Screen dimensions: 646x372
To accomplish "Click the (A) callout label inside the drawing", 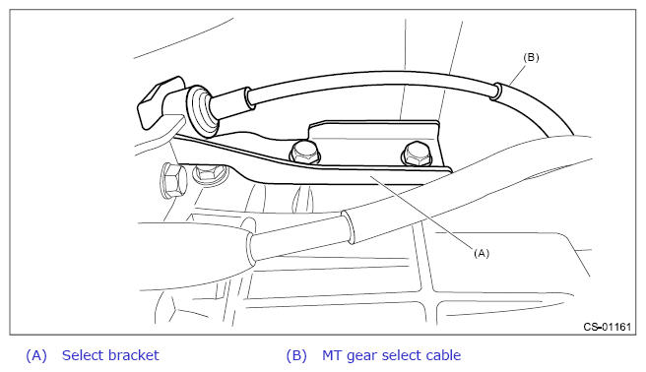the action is click(x=482, y=253).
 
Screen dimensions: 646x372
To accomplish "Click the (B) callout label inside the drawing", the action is click(x=531, y=57).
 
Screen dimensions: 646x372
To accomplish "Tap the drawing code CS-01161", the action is click(x=607, y=327).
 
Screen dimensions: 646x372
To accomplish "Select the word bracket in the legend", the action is click(x=134, y=355).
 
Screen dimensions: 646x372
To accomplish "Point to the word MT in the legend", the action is click(x=332, y=355).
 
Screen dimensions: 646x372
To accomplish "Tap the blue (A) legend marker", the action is click(x=36, y=355).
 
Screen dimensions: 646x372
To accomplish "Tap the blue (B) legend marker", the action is click(x=296, y=355).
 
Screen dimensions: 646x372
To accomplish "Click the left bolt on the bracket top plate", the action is click(x=305, y=152).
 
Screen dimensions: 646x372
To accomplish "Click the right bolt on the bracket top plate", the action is click(x=417, y=155).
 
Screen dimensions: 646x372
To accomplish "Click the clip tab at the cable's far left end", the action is click(x=159, y=102).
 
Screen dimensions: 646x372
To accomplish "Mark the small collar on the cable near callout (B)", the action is click(x=496, y=91).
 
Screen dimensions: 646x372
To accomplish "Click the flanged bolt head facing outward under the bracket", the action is click(x=210, y=172).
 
